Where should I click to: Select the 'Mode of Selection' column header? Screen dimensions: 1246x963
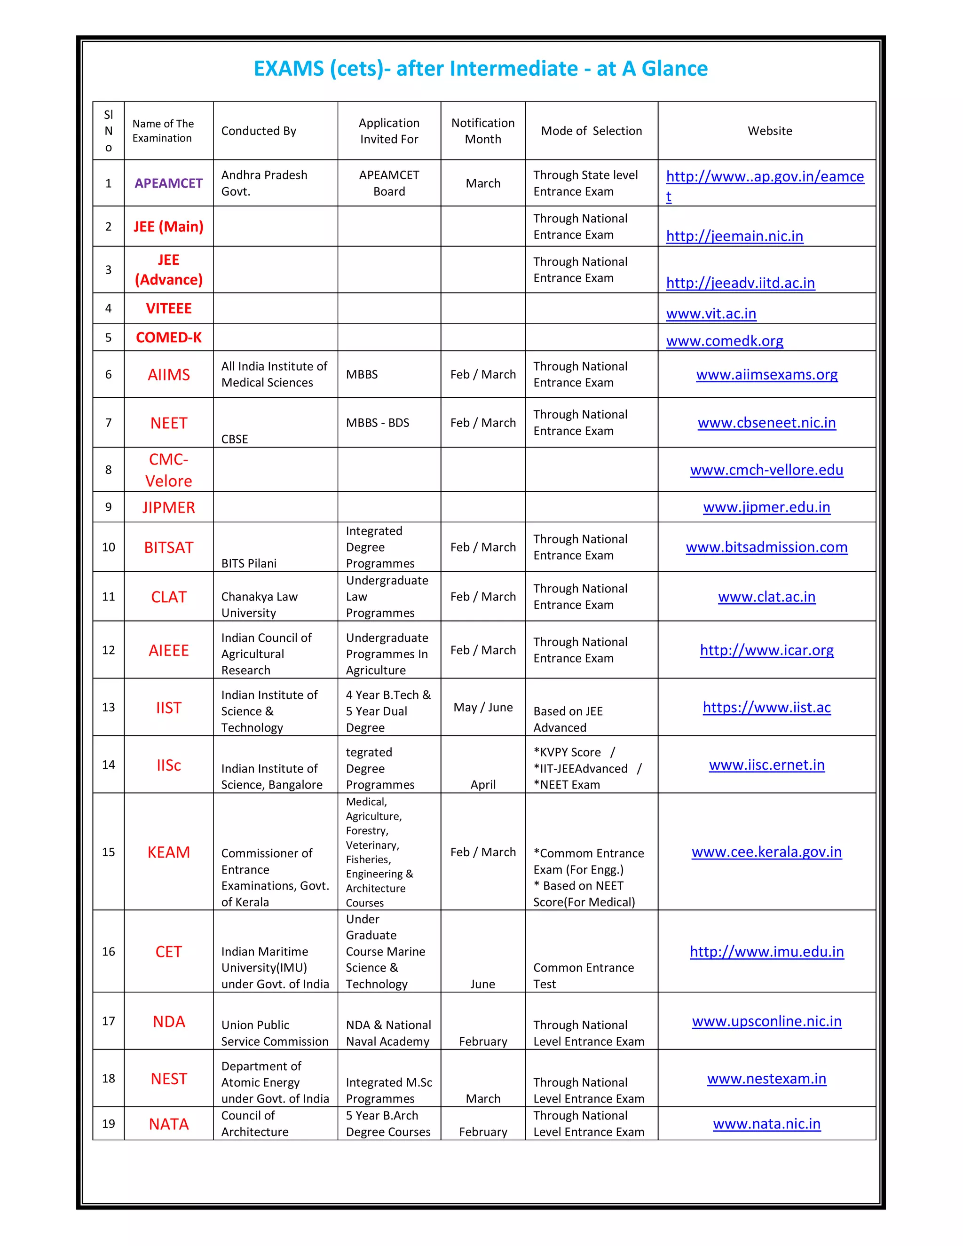(591, 131)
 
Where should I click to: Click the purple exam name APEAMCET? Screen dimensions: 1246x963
(168, 183)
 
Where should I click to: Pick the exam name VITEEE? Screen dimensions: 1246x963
(168, 308)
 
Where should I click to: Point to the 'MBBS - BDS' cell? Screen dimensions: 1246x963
(377, 423)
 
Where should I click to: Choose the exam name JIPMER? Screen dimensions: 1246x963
(168, 507)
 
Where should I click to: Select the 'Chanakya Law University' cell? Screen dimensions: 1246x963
(259, 604)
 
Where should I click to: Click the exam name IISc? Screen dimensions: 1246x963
(168, 765)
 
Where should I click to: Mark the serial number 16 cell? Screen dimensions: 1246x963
(109, 952)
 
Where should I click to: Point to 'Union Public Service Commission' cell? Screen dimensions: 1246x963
(275, 1033)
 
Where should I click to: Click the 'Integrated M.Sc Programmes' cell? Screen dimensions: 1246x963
(388, 1090)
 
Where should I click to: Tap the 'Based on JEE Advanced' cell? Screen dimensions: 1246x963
(568, 719)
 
